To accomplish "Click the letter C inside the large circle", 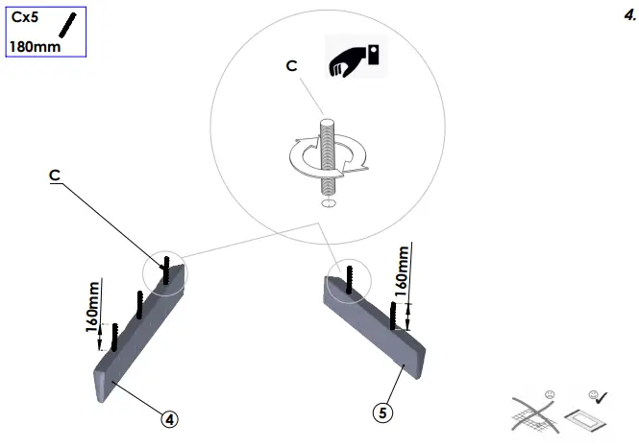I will click(291, 65).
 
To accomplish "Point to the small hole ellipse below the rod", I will click(329, 203).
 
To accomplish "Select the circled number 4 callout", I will click(169, 418).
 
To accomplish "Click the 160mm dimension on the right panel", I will click(404, 270).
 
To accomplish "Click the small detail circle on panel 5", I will click(347, 281).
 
